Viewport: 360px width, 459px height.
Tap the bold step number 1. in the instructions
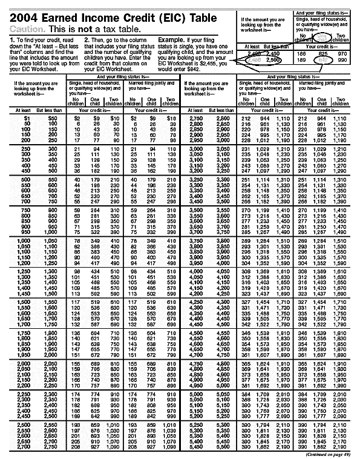tap(11, 39)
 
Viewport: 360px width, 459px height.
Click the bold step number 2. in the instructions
tap(87, 39)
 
